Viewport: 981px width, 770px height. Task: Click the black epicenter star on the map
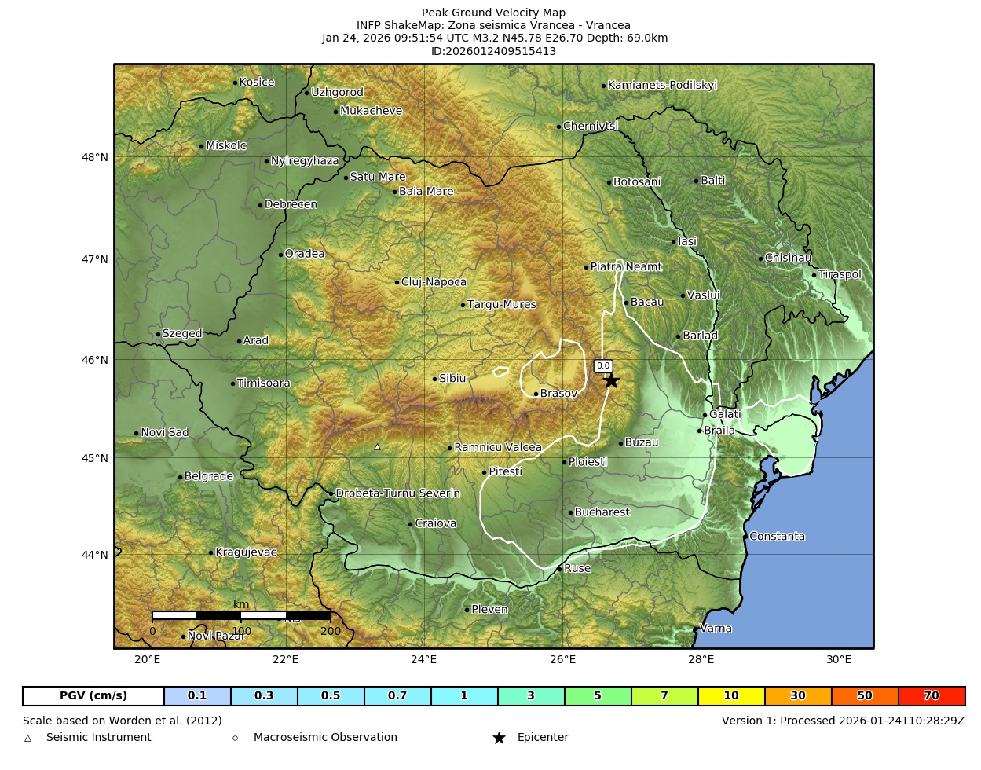click(x=611, y=381)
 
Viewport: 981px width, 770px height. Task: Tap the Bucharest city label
click(x=602, y=512)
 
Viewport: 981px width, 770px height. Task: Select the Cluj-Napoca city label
click(x=434, y=282)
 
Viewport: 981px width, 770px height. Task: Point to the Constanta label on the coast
click(x=777, y=537)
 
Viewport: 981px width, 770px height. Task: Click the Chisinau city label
click(x=788, y=258)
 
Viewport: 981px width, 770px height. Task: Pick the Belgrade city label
click(x=208, y=476)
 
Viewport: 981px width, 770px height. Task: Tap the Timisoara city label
click(x=263, y=383)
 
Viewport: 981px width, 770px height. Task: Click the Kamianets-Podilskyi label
click(x=662, y=86)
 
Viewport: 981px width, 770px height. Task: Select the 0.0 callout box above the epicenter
click(x=603, y=366)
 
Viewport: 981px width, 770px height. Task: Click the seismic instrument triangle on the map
click(x=377, y=447)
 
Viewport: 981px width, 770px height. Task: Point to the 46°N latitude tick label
click(x=95, y=360)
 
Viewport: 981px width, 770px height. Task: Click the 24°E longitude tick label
click(x=424, y=659)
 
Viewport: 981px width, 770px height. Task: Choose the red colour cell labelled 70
click(x=932, y=696)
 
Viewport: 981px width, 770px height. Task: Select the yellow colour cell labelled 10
click(x=731, y=696)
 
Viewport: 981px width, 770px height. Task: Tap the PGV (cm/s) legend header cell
click(x=93, y=696)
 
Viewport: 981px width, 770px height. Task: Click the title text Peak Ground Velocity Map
click(x=493, y=13)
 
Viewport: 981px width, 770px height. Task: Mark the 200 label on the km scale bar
click(x=331, y=631)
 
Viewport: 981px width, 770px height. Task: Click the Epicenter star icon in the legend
click(x=499, y=738)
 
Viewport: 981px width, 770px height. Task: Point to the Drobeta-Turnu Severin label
click(x=397, y=493)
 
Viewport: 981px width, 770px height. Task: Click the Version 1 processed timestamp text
click(x=843, y=720)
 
